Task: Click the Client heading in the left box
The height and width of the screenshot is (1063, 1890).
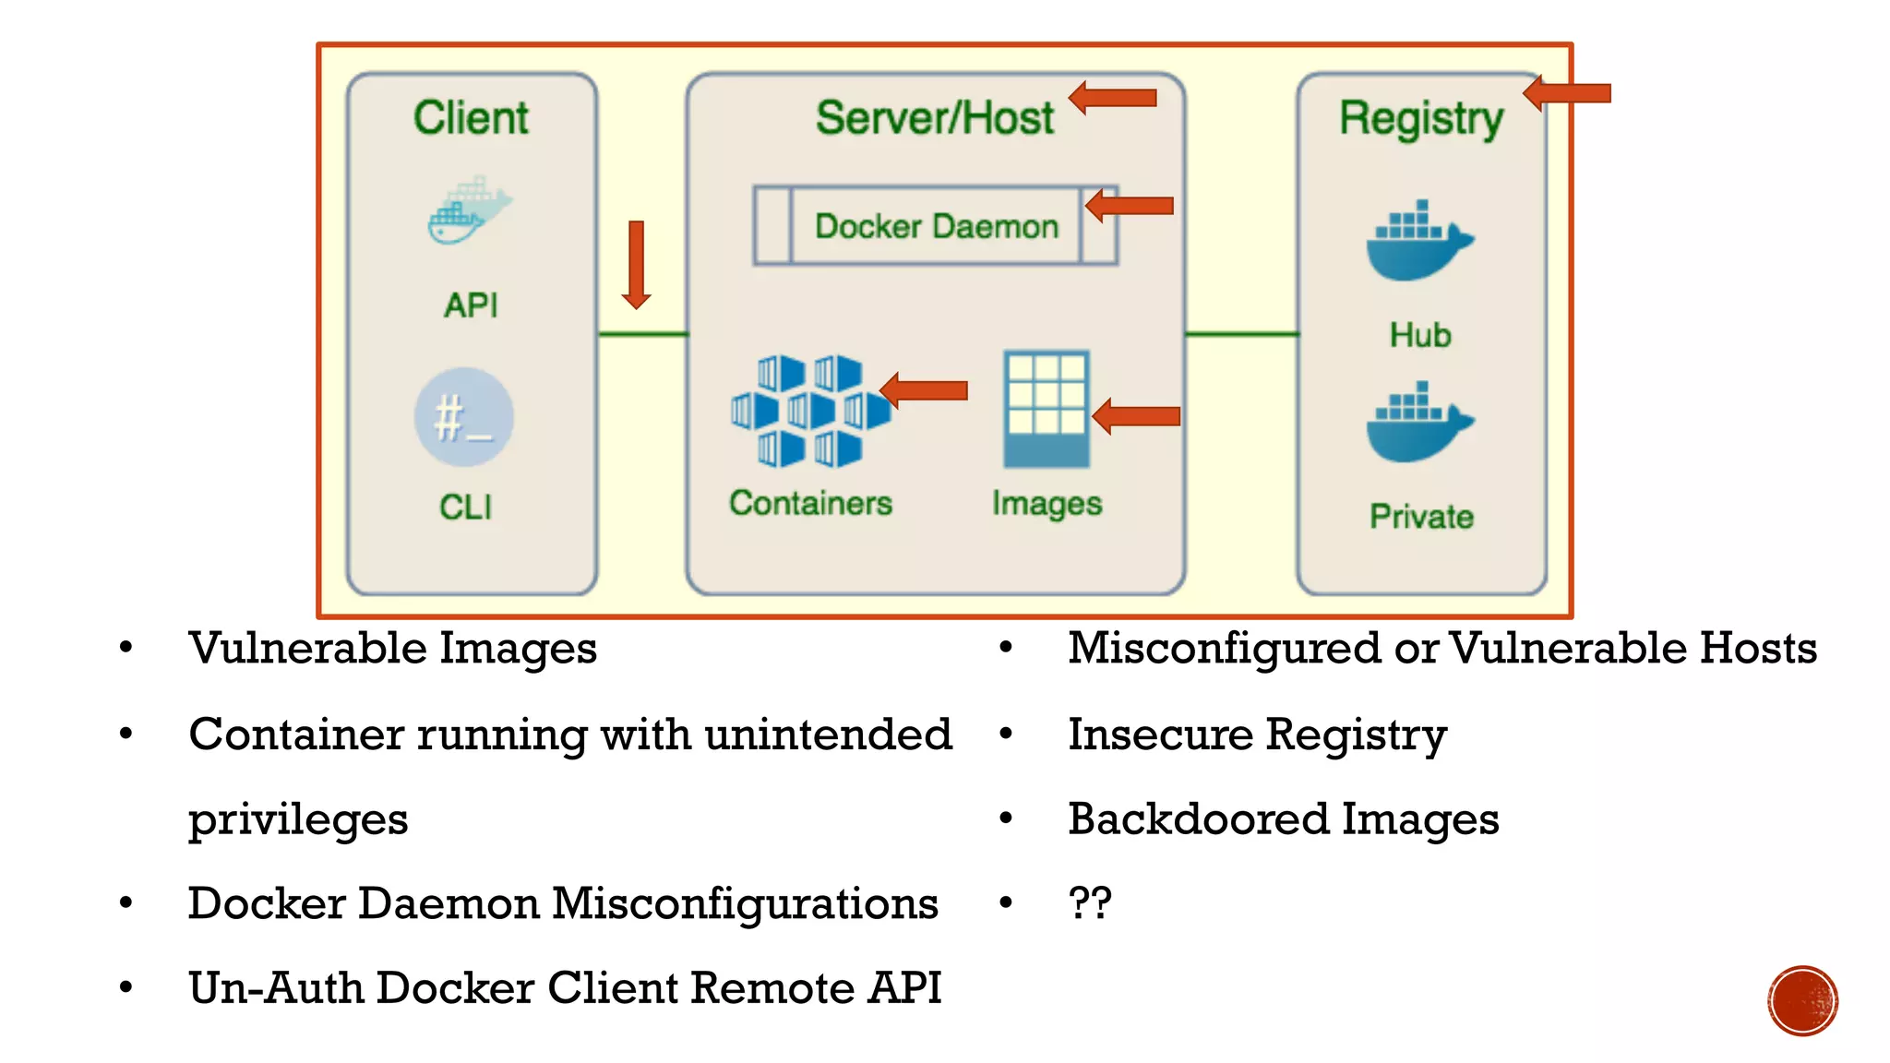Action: click(471, 118)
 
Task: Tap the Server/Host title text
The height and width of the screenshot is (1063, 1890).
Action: click(934, 118)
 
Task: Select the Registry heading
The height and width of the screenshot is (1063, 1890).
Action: click(1421, 119)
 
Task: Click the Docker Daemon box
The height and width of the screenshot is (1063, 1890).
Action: click(936, 226)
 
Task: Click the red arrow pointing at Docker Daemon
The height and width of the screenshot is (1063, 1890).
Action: click(1130, 205)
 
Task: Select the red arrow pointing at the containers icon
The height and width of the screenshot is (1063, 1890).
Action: click(925, 390)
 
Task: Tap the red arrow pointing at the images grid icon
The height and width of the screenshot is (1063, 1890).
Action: click(1136, 416)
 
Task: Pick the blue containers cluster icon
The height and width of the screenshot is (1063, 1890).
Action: click(809, 411)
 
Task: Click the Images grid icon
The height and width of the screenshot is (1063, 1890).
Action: click(1047, 409)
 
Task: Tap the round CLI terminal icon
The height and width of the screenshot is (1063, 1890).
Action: click(464, 417)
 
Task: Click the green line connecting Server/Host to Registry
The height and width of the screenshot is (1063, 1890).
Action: click(1241, 334)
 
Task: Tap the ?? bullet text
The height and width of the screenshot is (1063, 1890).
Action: click(1090, 902)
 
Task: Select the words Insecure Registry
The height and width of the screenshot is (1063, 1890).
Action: click(1257, 735)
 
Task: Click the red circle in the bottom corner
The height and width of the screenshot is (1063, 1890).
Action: click(1802, 1001)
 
